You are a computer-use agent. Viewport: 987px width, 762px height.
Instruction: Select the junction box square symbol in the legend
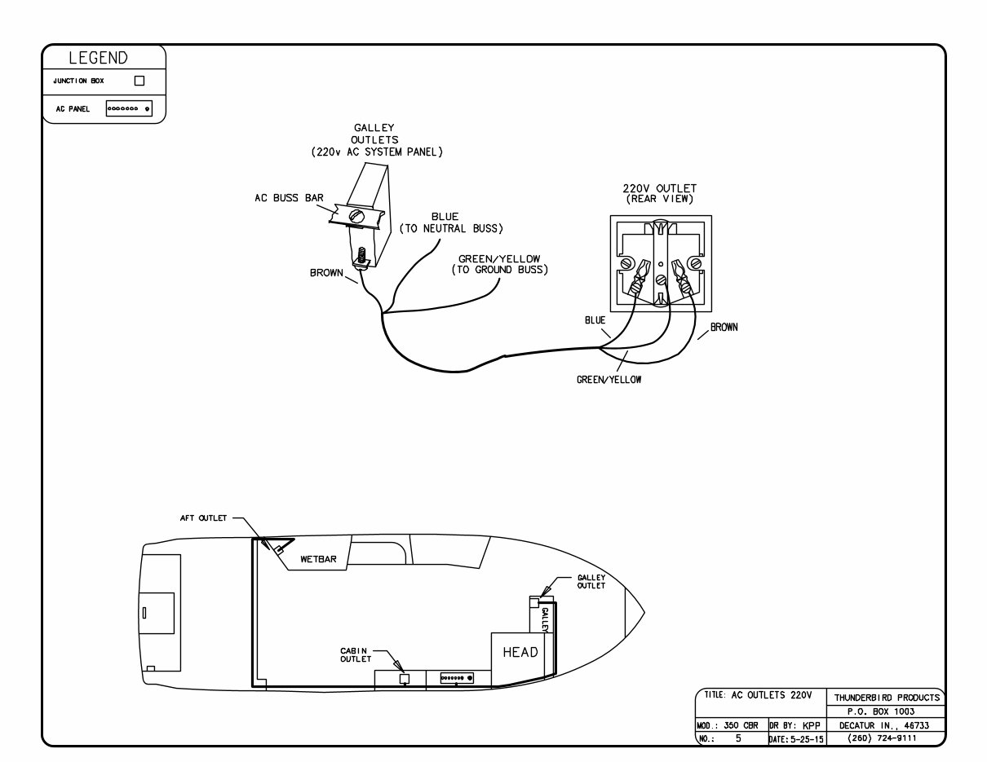(x=139, y=81)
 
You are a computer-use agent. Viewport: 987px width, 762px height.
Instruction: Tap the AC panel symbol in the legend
(x=129, y=108)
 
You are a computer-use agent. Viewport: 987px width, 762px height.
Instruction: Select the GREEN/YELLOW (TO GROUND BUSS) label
(x=499, y=264)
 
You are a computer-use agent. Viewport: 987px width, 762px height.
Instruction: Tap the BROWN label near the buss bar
(x=326, y=273)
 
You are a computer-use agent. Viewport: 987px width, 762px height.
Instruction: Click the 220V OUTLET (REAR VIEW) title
(x=660, y=193)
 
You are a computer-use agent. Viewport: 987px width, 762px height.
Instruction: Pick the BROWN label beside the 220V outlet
(x=724, y=328)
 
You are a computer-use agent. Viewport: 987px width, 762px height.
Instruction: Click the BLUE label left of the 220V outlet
(x=595, y=320)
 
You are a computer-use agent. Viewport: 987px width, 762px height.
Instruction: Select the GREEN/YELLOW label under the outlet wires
(x=609, y=380)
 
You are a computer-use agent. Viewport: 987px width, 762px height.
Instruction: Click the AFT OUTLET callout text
(x=203, y=518)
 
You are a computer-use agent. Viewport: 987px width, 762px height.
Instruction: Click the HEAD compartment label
(x=520, y=652)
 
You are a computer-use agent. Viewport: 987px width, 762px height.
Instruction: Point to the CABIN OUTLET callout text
(x=356, y=654)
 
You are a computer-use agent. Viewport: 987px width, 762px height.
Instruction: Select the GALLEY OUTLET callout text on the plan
(x=591, y=581)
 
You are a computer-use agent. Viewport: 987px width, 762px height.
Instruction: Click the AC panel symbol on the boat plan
(x=456, y=678)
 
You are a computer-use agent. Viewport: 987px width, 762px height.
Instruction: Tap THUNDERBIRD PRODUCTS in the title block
(x=887, y=698)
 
